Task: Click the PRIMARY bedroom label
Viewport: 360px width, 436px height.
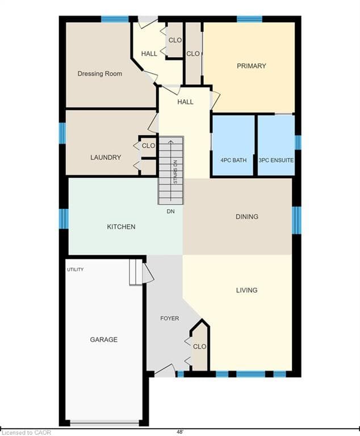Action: point(251,66)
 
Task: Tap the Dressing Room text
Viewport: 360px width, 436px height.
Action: point(99,74)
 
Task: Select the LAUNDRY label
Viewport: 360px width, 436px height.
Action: point(106,157)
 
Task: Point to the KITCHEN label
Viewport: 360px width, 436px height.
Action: point(122,227)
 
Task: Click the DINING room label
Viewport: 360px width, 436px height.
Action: point(247,217)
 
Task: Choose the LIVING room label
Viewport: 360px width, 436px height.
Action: point(247,290)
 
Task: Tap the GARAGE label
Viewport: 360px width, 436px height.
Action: point(104,339)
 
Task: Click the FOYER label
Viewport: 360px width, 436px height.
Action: point(169,318)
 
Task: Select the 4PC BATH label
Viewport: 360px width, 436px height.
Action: point(233,160)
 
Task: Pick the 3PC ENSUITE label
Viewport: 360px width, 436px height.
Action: point(276,160)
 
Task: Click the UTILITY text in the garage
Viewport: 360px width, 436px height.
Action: point(76,270)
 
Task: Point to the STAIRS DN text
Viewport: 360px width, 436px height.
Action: point(175,172)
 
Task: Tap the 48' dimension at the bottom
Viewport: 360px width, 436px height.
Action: point(180,432)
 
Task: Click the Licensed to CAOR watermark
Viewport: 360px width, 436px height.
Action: point(26,433)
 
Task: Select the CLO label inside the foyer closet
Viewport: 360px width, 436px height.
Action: point(199,346)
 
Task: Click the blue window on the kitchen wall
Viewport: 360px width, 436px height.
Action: point(64,219)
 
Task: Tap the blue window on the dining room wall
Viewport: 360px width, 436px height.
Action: point(296,220)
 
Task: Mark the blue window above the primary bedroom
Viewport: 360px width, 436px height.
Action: point(249,19)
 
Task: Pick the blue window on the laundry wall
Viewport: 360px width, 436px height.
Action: point(62,133)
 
